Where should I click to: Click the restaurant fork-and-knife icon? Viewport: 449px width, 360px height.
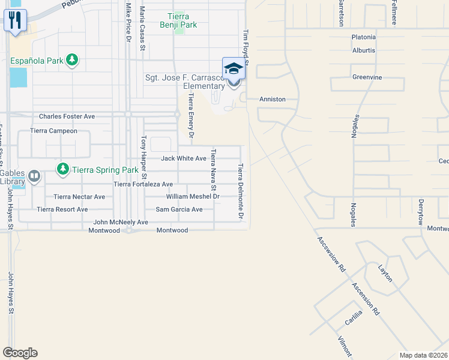[x=14, y=19]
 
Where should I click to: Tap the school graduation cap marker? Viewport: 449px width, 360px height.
[x=233, y=69]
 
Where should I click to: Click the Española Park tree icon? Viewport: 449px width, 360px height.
[x=72, y=60]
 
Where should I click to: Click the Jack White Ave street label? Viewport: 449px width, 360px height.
[x=184, y=158]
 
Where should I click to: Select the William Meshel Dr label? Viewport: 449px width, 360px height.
[x=193, y=196]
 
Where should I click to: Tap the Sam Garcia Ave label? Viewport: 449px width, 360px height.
[x=179, y=209]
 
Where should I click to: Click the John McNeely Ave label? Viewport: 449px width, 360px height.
[x=120, y=222]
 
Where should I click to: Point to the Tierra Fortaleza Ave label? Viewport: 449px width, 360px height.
[x=143, y=184]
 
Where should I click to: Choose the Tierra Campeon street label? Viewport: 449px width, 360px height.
[x=54, y=131]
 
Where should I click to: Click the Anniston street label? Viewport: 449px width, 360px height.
[x=272, y=99]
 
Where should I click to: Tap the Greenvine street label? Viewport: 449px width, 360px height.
[x=367, y=77]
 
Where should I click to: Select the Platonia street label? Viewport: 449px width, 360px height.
[x=364, y=37]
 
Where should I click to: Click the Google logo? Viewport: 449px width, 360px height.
[x=20, y=353]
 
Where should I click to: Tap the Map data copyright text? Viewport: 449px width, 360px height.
[x=423, y=355]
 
